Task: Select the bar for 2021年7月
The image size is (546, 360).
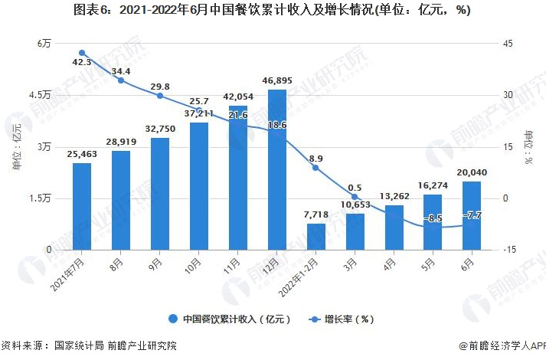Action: (x=82, y=206)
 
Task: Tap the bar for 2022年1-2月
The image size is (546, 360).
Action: (x=316, y=236)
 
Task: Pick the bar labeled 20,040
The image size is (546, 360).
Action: (x=472, y=215)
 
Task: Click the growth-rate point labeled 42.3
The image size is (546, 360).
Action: (x=82, y=53)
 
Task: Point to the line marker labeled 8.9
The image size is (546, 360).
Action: (x=316, y=168)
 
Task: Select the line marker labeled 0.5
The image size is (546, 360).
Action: (x=355, y=197)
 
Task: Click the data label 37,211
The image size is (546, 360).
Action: (x=199, y=113)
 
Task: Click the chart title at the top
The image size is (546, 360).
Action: (x=273, y=11)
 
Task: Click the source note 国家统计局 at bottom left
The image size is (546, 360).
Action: (x=77, y=346)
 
